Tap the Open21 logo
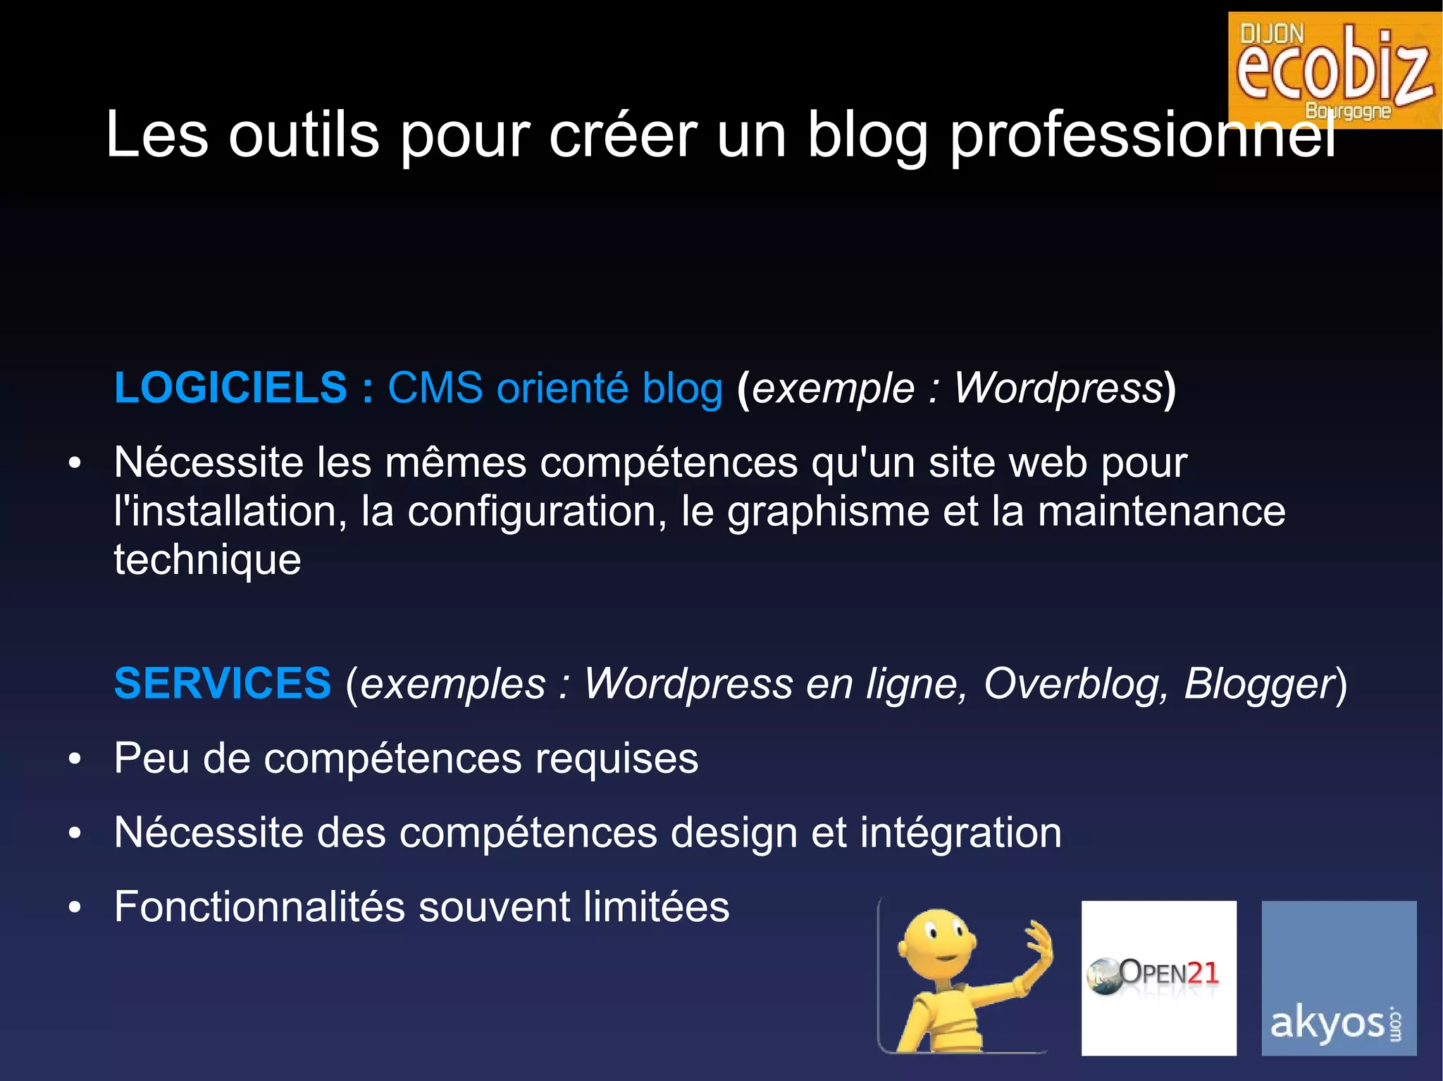(x=1158, y=977)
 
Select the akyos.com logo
(x=1338, y=977)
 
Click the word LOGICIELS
(x=230, y=388)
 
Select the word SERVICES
(x=223, y=684)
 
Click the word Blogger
(x=1258, y=684)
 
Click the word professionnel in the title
(x=1141, y=136)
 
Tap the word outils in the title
(x=304, y=136)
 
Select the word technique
(x=207, y=561)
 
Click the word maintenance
(x=1161, y=511)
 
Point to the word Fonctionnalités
(x=259, y=907)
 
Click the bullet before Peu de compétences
(x=75, y=760)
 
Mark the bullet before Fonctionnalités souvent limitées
(x=75, y=908)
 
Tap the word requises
(x=616, y=759)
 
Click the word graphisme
(x=828, y=513)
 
